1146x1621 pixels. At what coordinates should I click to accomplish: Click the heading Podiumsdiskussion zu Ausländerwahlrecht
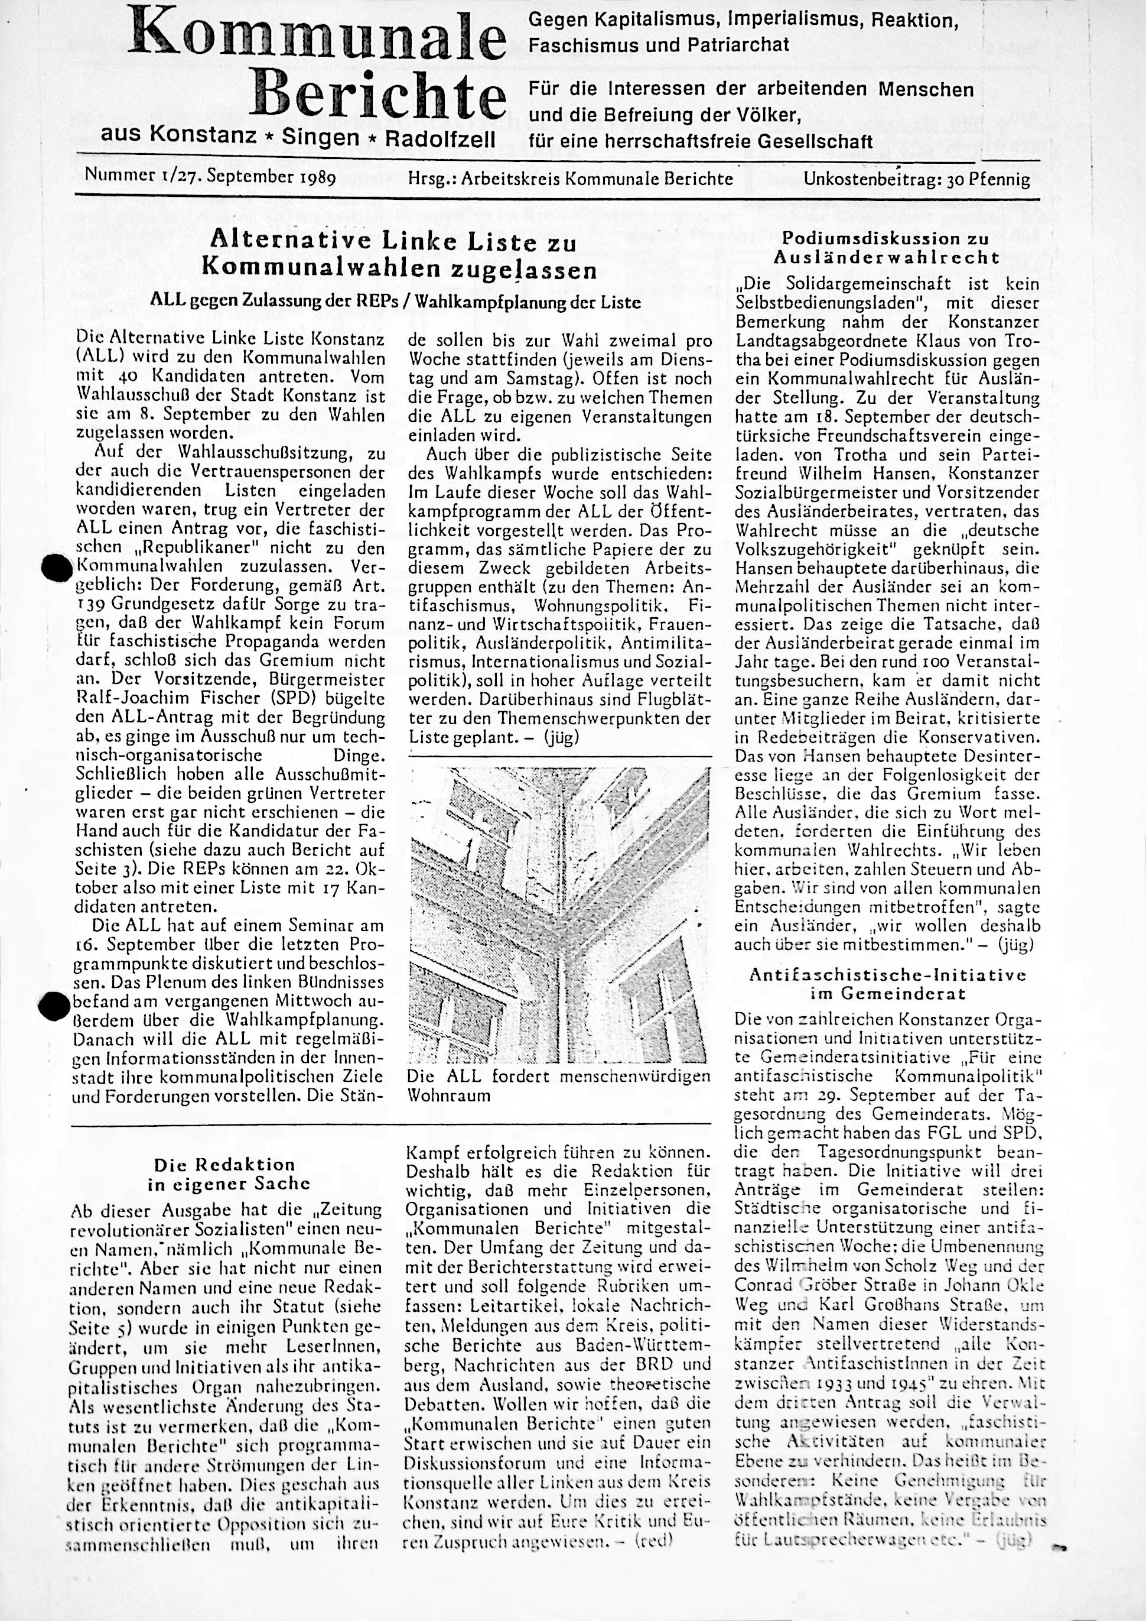886,248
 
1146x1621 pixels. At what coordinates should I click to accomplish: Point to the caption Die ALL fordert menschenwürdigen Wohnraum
559,1086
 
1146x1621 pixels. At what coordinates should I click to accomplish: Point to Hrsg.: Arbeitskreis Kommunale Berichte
570,179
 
